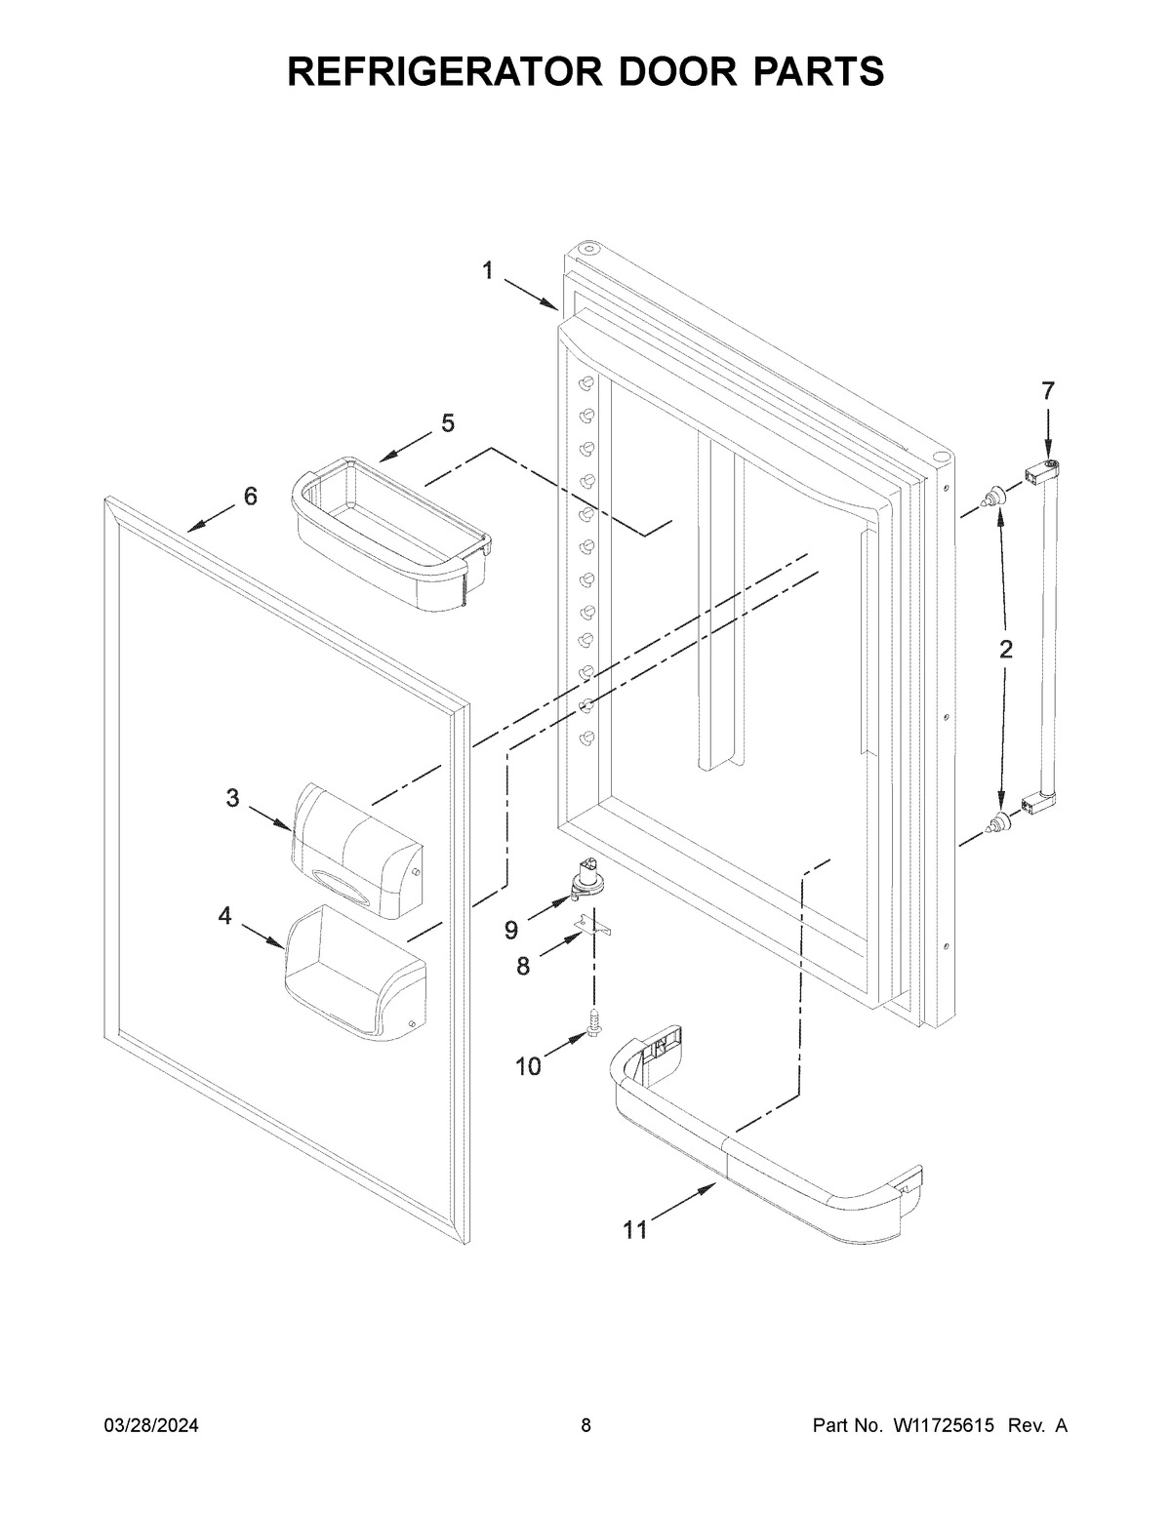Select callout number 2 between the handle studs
pyautogui.click(x=1005, y=650)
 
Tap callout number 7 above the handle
pyautogui.click(x=1047, y=391)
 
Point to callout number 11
pyautogui.click(x=635, y=1231)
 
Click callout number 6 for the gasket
pyautogui.click(x=251, y=497)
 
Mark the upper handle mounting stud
pyautogui.click(x=993, y=498)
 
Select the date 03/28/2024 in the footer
pyautogui.click(x=151, y=1426)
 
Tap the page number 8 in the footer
pyautogui.click(x=585, y=1426)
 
